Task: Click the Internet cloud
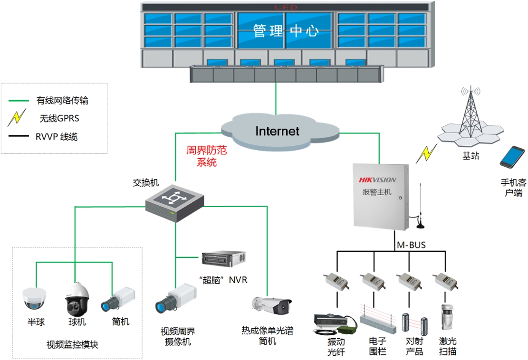pyautogui.click(x=278, y=131)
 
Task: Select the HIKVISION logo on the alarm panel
pyautogui.click(x=377, y=180)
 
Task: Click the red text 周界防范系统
pyautogui.click(x=207, y=156)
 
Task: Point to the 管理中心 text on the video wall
pyautogui.click(x=285, y=32)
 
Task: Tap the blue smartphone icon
pyautogui.click(x=512, y=157)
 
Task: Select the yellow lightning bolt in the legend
pyautogui.click(x=17, y=117)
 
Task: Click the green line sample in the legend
pyautogui.click(x=19, y=101)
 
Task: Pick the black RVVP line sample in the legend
pyautogui.click(x=19, y=137)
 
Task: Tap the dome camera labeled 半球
pyautogui.click(x=35, y=298)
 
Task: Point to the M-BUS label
pyautogui.click(x=411, y=245)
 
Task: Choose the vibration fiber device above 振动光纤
pyautogui.click(x=335, y=323)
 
